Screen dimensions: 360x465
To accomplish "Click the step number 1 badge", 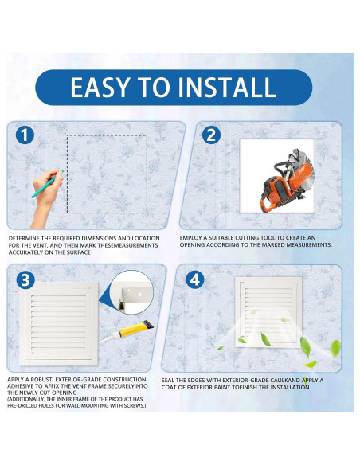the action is tap(25, 135).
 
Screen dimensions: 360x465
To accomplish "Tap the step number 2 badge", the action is tap(211, 135).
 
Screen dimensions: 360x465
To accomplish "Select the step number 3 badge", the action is tap(25, 279).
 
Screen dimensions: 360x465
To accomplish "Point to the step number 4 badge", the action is tap(195, 279).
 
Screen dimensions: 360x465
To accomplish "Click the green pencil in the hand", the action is tap(48, 184).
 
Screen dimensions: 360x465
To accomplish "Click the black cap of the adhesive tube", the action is tap(148, 325).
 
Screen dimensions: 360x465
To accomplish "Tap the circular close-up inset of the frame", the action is tap(131, 292).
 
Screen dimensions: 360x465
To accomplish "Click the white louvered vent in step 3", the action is tap(59, 323).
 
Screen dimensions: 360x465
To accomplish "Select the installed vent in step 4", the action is tap(268, 312).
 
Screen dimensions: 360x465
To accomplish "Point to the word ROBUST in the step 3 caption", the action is tap(41, 379).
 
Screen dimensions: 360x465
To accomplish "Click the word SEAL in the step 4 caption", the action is tap(167, 380).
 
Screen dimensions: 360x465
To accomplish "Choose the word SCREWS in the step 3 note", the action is tap(135, 405).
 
